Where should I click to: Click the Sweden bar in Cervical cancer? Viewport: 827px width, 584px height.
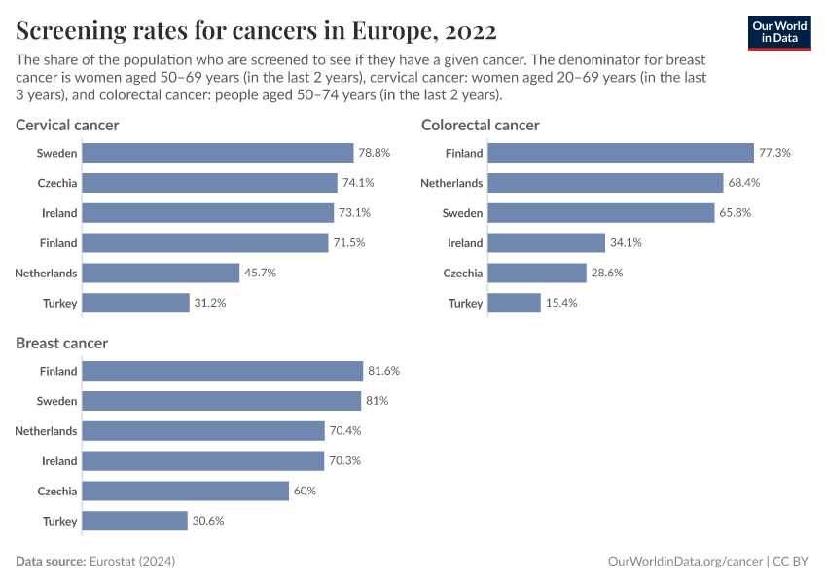click(x=217, y=153)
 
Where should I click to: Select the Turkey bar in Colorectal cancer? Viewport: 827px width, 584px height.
click(x=514, y=303)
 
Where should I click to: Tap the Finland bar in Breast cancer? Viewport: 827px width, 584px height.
click(x=222, y=371)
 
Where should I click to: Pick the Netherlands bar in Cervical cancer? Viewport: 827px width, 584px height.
click(x=161, y=273)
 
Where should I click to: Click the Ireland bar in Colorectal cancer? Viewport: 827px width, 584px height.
click(x=546, y=243)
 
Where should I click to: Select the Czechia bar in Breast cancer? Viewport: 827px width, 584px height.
click(x=186, y=491)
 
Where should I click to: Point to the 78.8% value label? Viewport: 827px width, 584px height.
click(x=375, y=153)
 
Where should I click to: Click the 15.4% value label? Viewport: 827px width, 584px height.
click(x=561, y=303)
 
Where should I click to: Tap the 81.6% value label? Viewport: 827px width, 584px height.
click(x=383, y=371)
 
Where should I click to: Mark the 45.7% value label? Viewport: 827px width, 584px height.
click(x=260, y=273)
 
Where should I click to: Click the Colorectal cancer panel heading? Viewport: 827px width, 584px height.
click(x=480, y=125)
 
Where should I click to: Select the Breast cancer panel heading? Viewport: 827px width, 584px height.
click(x=62, y=343)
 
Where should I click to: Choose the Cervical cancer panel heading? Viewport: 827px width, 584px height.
click(x=67, y=125)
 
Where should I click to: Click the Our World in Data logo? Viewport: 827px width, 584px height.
click(x=779, y=32)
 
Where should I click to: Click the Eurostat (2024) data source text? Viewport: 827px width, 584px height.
click(x=132, y=562)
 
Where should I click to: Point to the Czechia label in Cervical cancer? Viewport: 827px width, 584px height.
click(x=57, y=183)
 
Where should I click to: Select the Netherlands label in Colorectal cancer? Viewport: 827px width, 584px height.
click(x=451, y=183)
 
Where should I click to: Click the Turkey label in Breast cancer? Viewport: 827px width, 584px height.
click(x=59, y=521)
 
